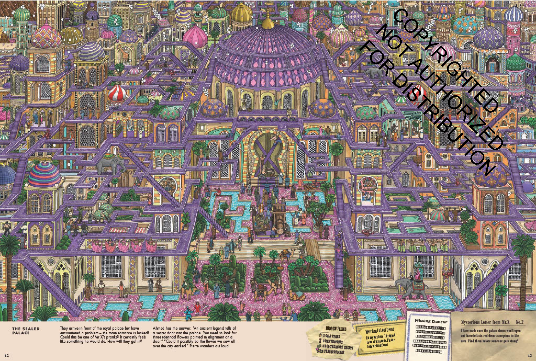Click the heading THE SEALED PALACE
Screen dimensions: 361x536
pos(26,331)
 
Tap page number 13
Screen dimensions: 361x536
pos(530,355)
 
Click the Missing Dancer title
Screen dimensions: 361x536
pos(431,321)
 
